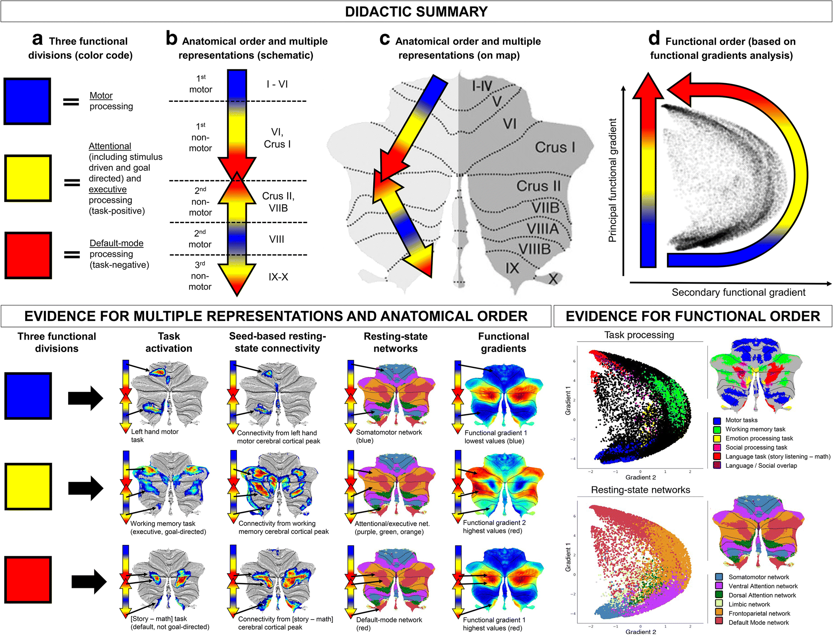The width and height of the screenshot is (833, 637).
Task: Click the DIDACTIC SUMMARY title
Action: [416, 11]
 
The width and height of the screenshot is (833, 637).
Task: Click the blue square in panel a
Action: [27, 101]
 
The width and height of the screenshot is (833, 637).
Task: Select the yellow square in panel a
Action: [28, 178]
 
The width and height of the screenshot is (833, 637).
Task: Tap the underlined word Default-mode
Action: [116, 243]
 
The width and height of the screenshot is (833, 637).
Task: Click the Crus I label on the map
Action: [555, 147]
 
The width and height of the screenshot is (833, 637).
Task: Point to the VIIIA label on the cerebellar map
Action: [542, 229]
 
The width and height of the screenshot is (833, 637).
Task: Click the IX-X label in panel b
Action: [278, 277]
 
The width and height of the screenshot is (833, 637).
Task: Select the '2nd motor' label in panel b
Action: [200, 239]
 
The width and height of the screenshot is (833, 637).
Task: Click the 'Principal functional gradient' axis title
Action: [612, 180]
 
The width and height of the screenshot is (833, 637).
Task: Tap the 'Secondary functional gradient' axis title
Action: [738, 292]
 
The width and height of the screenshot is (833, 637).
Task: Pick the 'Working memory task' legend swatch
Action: [717, 429]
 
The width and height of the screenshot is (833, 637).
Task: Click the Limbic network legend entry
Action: [749, 604]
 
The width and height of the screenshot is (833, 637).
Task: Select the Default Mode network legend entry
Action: [758, 622]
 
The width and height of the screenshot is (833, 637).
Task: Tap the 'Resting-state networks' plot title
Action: [640, 490]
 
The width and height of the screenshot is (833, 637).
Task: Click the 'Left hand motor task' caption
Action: [155, 435]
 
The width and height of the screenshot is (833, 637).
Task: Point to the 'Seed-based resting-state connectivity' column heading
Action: [277, 342]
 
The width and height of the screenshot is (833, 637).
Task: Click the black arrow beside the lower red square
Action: [89, 581]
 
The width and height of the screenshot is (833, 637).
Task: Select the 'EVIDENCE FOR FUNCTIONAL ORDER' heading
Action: [693, 316]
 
